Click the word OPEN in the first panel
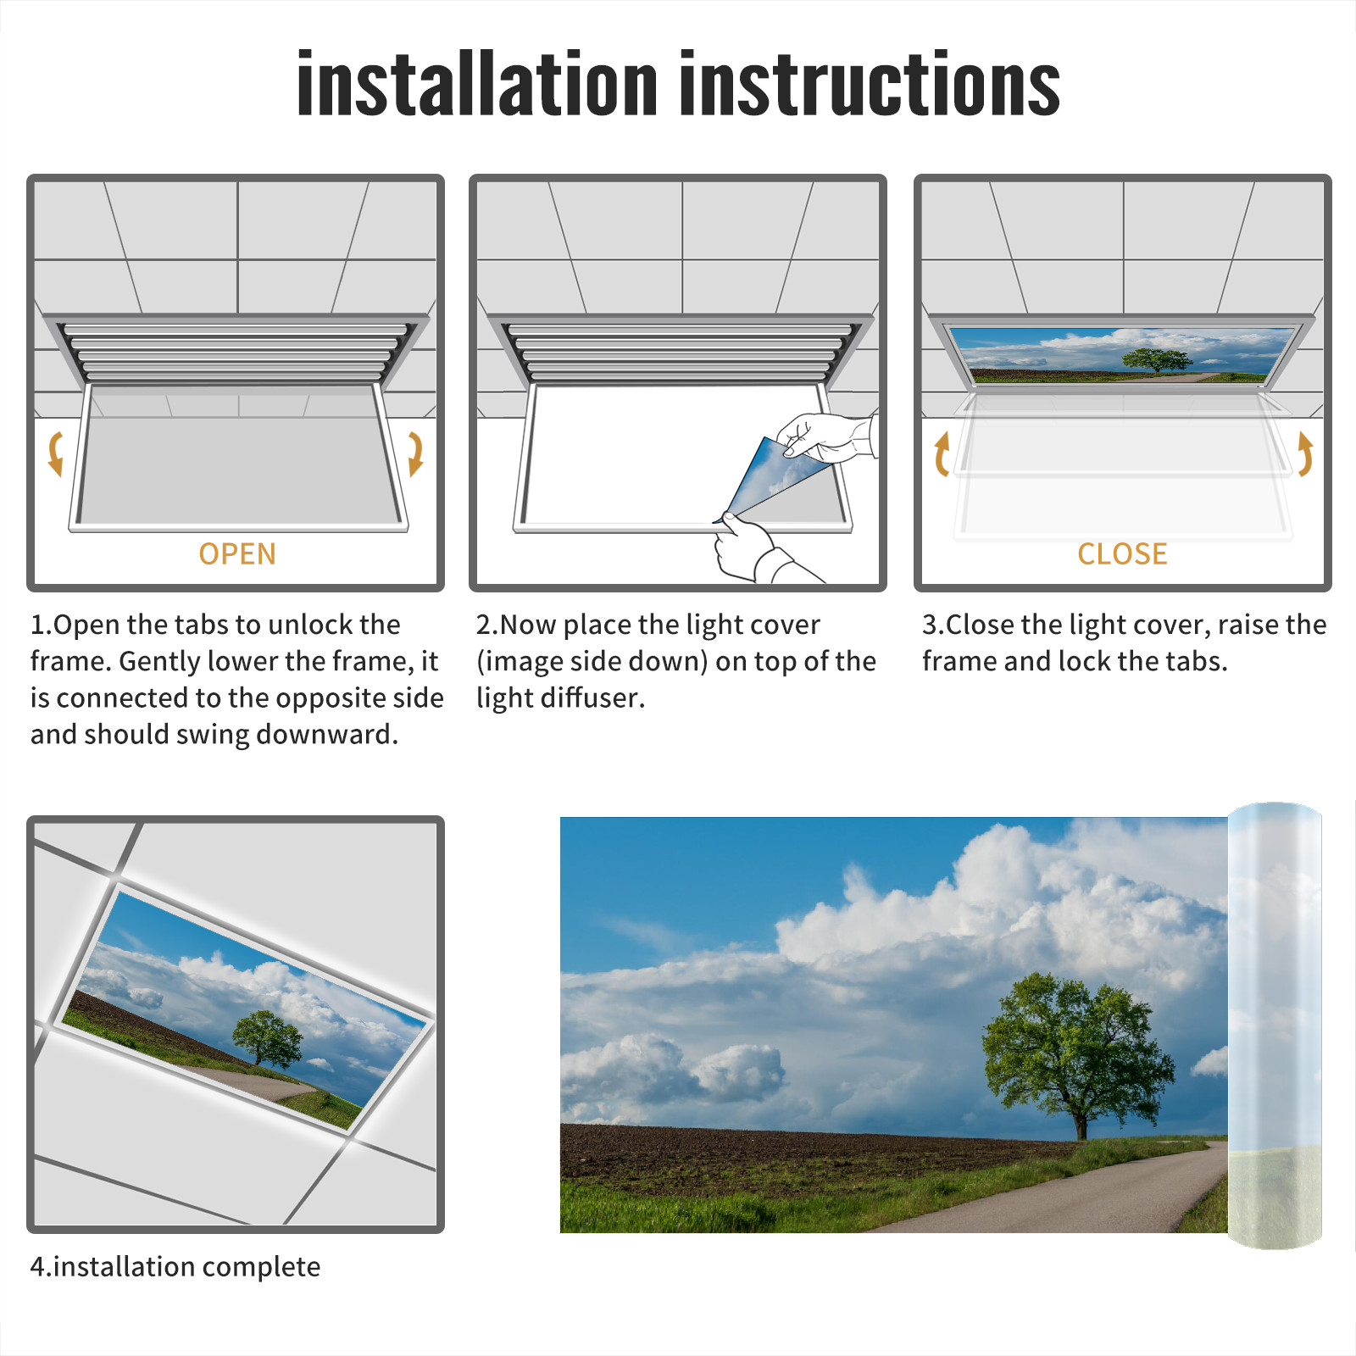(237, 554)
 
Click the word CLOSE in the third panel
(1122, 554)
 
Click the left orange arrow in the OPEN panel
(55, 453)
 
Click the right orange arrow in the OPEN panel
(415, 453)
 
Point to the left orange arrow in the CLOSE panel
(942, 454)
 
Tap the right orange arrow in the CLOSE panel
(1305, 453)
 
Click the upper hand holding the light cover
(826, 437)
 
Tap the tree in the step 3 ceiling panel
(1156, 359)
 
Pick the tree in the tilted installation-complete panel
(267, 1039)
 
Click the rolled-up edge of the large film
(1275, 1025)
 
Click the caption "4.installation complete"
(175, 1266)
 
